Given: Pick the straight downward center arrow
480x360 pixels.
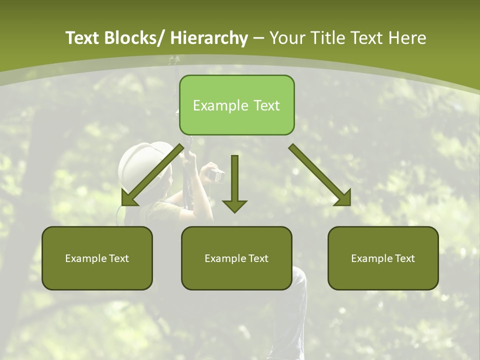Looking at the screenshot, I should click(x=234, y=185).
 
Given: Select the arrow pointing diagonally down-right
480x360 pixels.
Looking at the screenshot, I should click(x=320, y=175).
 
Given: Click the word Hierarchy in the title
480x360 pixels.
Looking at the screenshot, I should click(x=209, y=38).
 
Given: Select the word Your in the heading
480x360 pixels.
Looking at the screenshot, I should click(x=287, y=38).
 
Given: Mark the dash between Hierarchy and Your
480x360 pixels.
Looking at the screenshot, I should click(x=258, y=38).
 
